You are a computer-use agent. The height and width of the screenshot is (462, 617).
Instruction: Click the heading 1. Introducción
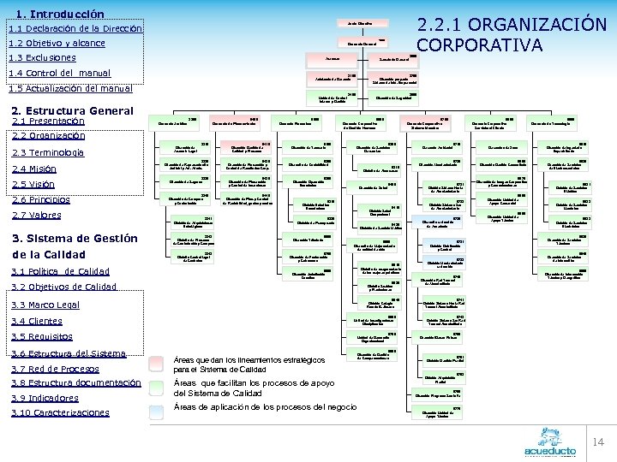point(60,14)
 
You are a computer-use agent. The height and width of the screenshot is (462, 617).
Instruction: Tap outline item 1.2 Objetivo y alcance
point(57,43)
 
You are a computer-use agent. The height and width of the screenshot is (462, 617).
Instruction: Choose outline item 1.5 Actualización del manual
point(69,87)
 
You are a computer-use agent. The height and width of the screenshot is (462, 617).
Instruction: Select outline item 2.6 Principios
point(41,199)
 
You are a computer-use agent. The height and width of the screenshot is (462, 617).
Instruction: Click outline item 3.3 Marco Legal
point(45,304)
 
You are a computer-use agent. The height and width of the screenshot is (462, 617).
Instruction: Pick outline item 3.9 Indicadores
point(45,398)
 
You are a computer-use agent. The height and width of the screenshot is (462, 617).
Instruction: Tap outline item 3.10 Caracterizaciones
point(60,412)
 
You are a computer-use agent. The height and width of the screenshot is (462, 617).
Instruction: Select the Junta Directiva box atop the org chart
point(361,21)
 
